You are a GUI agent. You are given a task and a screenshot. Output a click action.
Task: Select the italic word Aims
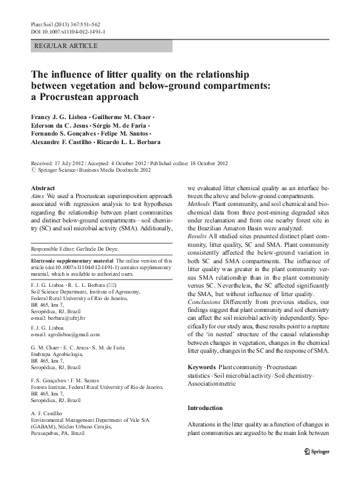coord(39,196)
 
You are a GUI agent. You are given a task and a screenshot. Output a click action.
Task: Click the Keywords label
coord(201,365)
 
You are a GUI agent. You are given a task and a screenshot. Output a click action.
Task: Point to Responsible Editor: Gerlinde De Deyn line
coord(78,249)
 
